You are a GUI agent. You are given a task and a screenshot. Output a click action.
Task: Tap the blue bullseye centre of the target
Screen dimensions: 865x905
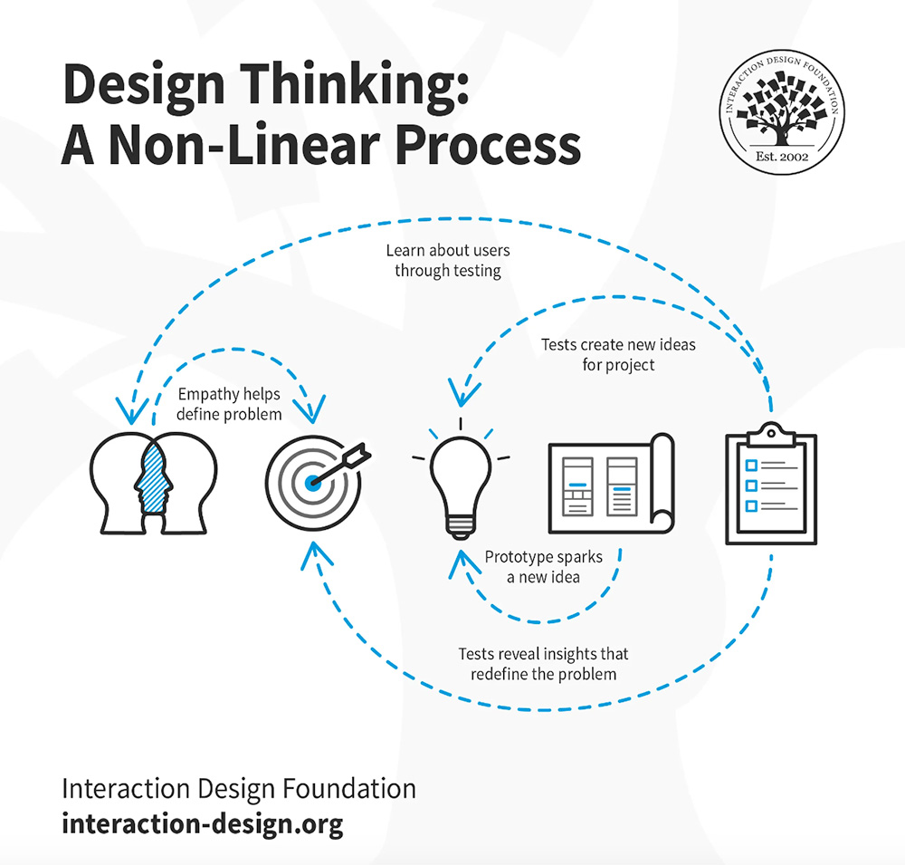313,481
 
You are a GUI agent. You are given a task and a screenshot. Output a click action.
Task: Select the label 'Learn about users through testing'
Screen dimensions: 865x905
447,260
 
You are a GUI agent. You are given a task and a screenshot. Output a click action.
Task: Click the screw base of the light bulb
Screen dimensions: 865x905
461,526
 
